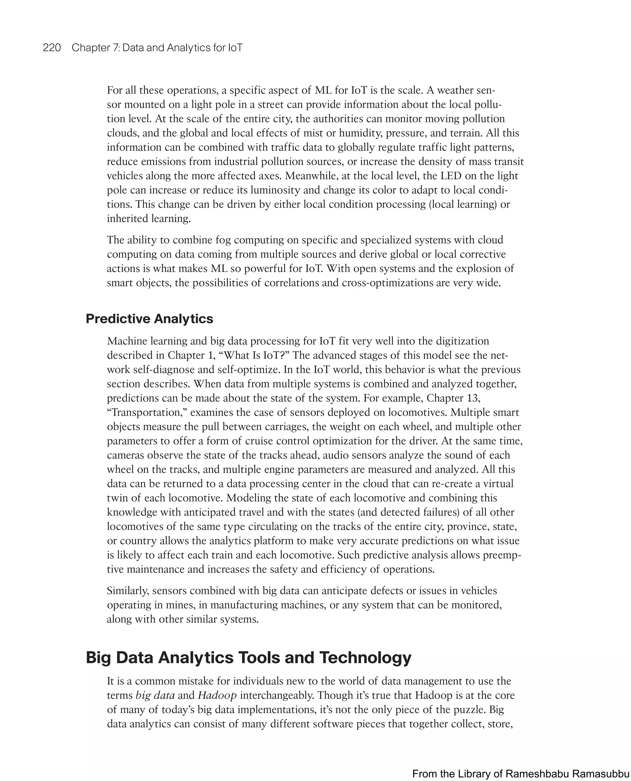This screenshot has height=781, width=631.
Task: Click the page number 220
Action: pos(52,48)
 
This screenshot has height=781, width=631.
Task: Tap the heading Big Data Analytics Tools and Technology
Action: pos(248,657)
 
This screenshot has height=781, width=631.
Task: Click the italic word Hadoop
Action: pos(217,695)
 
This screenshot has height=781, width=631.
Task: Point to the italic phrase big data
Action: pos(155,695)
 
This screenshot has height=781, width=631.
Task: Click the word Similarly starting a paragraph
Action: pos(128,591)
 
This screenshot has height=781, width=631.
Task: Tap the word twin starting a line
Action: pos(115,498)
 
